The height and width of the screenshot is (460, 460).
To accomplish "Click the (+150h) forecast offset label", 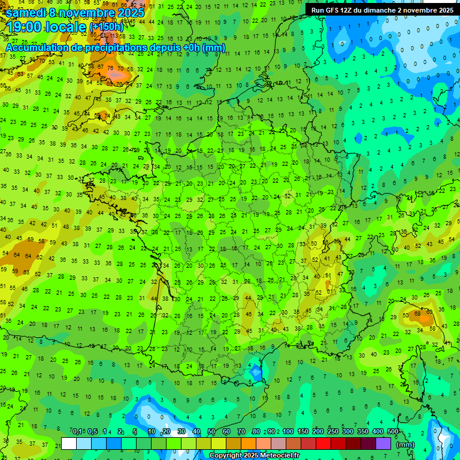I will pos(107,27).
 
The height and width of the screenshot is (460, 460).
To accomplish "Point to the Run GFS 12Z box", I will pos(382,10).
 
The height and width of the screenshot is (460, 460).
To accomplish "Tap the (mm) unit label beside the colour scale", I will pos(405,444).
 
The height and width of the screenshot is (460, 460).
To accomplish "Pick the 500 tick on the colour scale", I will pos(393,432).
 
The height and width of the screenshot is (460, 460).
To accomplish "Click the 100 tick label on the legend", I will pos(288,432).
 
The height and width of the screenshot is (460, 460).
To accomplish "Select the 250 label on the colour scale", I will pos(332,432).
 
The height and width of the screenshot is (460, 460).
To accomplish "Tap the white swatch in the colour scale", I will pos(69,443).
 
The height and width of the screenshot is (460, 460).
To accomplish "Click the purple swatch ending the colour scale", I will pos(383,443).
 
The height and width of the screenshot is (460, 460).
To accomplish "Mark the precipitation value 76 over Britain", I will pos(109,68).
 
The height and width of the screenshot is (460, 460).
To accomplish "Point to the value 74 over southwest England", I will pos(107,116).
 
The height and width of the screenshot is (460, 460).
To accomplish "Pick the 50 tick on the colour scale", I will pos(211,432).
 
